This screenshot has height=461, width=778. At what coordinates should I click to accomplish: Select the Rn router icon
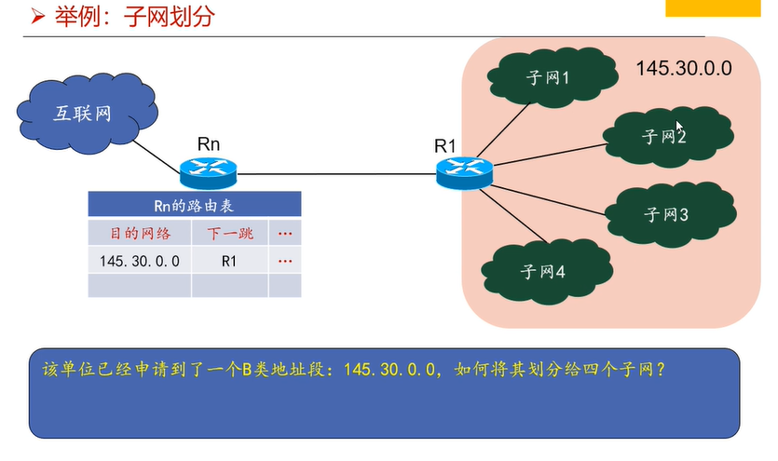tap(209, 169)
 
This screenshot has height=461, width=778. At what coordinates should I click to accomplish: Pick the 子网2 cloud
tap(664, 137)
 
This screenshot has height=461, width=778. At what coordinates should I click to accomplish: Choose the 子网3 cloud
tap(664, 214)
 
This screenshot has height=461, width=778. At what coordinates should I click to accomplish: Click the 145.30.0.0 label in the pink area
tap(684, 69)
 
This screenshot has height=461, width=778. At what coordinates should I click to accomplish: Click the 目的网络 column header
tap(140, 233)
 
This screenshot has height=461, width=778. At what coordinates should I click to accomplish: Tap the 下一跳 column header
tap(229, 233)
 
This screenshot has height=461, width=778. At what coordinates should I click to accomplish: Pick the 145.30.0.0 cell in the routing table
tap(140, 261)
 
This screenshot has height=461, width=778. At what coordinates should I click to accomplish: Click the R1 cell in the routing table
tap(229, 261)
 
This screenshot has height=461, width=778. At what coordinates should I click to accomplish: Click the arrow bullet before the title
tap(36, 18)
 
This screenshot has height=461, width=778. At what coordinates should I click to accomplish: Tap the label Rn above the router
tap(209, 143)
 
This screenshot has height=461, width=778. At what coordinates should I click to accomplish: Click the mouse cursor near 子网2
tap(680, 129)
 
